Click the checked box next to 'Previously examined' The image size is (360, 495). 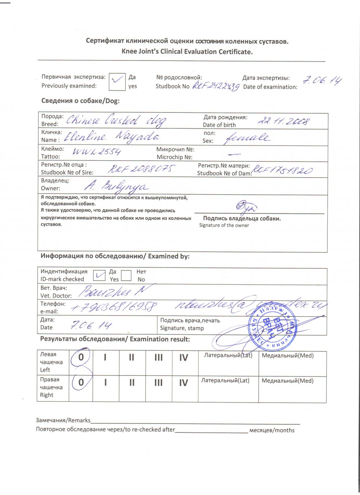[117, 82]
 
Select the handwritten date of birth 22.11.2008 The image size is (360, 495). [284, 121]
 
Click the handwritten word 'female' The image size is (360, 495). [247, 137]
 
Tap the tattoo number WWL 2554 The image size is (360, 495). [97, 152]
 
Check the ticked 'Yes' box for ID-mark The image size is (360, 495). [99, 275]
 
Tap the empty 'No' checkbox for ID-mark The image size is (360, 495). [126, 275]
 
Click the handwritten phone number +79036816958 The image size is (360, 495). [114, 307]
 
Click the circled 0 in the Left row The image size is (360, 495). [81, 358]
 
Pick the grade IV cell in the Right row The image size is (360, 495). [184, 383]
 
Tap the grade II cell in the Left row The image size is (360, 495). [131, 358]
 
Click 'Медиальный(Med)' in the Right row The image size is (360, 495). [288, 381]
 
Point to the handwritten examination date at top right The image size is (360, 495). [322, 81]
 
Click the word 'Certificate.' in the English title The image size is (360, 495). [236, 52]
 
